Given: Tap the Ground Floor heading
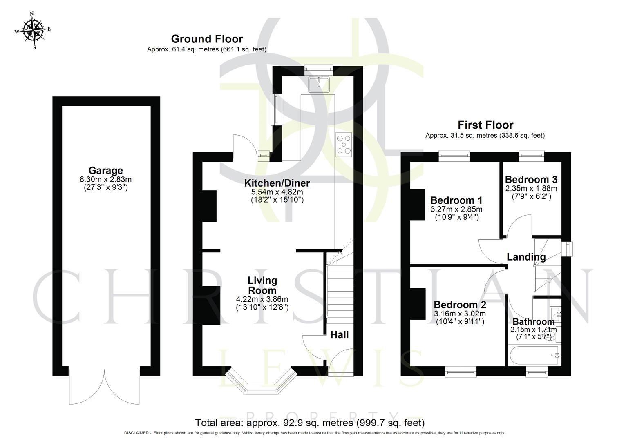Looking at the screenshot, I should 207,39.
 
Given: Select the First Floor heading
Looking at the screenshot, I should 485,125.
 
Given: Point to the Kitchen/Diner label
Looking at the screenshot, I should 277,183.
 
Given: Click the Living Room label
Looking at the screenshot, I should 262,285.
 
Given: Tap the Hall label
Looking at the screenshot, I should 340,335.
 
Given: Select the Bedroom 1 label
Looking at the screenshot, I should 456,200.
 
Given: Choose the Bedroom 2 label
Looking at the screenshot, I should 460,305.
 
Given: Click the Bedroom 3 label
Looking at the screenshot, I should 531,180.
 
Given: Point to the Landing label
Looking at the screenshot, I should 526,257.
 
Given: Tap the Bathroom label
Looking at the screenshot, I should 533,322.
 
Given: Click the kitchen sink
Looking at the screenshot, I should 319,85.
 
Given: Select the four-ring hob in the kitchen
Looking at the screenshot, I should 344,145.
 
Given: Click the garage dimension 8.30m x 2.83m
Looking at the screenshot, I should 105,180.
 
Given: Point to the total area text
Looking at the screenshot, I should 310,423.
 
